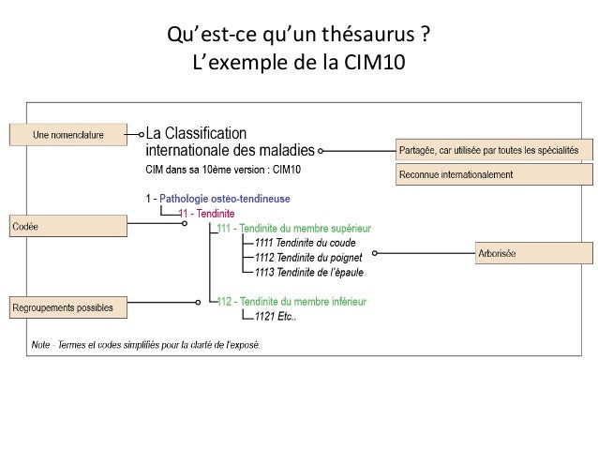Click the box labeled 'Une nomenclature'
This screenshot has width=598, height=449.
(68, 134)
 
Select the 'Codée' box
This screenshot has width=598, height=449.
(68, 226)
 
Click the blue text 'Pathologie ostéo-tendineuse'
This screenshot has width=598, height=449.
(225, 198)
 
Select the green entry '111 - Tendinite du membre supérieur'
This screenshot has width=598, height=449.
(294, 227)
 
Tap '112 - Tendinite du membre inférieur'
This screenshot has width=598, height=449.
(292, 275)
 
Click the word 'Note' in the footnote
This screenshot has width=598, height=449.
(40, 343)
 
